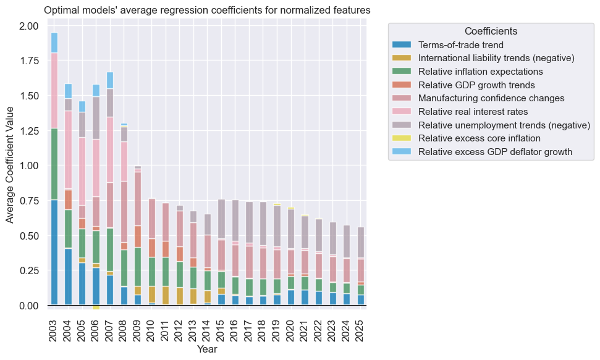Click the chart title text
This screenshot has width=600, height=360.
pyautogui.click(x=207, y=10)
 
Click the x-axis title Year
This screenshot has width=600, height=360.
pyautogui.click(x=207, y=350)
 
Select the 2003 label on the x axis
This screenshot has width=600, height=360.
pyautogui.click(x=54, y=328)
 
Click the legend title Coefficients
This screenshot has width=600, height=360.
pyautogui.click(x=491, y=31)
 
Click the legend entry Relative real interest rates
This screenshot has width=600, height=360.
pyautogui.click(x=473, y=112)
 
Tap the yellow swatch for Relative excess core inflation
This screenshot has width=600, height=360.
pyautogui.click(x=402, y=138)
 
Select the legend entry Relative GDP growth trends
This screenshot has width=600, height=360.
pyautogui.click(x=476, y=85)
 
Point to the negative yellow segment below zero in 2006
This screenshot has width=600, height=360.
pyautogui.click(x=96, y=308)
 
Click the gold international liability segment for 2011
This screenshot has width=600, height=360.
pyautogui.click(x=166, y=295)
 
